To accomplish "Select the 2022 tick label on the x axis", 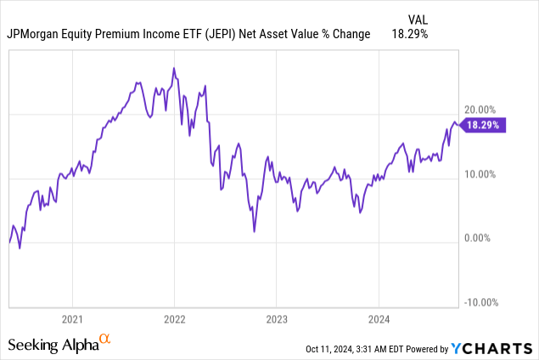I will point(174,320).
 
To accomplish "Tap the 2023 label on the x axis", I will point(276,320).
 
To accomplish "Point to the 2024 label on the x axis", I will point(378,320).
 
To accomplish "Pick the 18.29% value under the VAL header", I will point(408,35).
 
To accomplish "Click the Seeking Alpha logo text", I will point(53,345).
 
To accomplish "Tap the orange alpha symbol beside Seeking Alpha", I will point(105,340).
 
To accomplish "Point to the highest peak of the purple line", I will point(174,68).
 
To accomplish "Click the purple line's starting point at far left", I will point(9,243).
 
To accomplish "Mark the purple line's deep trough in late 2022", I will point(254,231).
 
